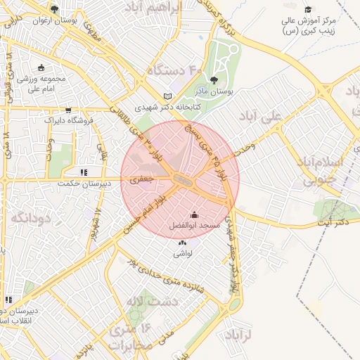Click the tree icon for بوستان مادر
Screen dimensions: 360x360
coord(214,80)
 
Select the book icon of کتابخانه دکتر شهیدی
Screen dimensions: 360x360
coord(167,96)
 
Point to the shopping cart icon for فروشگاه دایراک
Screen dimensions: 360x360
coord(68,110)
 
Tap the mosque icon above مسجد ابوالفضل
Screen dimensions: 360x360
coord(195,214)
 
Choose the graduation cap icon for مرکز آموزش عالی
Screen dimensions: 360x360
coord(308,9)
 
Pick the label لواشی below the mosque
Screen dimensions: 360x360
coord(184,252)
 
